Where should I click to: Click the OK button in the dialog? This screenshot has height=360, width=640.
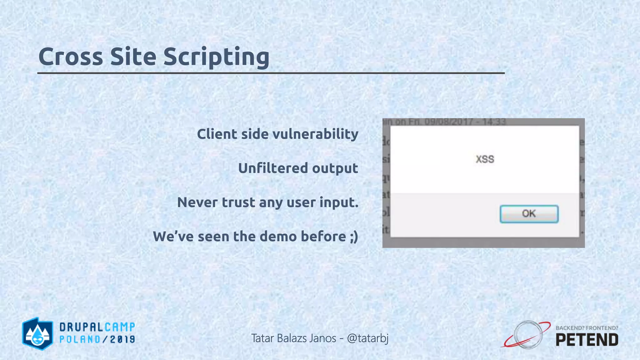[x=529, y=214]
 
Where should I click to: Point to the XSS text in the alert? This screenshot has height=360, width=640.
[x=485, y=159]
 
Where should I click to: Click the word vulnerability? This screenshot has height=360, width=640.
[x=315, y=134]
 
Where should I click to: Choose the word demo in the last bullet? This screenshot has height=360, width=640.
[x=277, y=236]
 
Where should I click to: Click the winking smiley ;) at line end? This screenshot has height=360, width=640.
[x=354, y=237]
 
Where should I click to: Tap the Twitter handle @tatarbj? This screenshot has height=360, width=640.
[x=368, y=338]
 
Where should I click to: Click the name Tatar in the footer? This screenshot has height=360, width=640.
[x=262, y=338]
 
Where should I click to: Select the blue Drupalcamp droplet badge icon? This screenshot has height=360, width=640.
[x=37, y=333]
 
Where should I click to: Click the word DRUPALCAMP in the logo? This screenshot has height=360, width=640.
[x=97, y=327]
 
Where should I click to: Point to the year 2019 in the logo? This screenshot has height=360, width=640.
[x=122, y=339]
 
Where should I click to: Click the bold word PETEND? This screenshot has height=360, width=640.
[x=587, y=340]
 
